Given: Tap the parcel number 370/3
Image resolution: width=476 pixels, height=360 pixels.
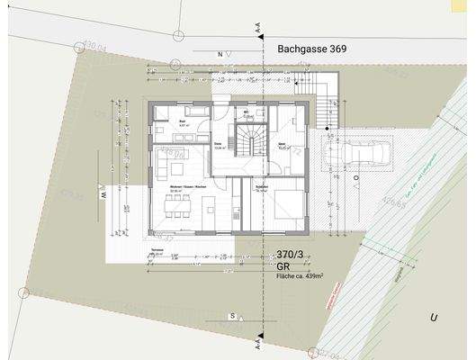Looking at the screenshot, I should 292,256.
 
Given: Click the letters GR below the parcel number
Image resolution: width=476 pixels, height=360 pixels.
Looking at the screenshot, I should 283,267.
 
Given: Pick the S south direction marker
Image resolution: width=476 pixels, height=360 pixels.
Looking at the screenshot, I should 231,316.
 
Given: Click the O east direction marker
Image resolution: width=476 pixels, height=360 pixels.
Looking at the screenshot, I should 356,178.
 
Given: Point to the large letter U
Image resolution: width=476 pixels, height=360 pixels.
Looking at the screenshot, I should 433,318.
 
